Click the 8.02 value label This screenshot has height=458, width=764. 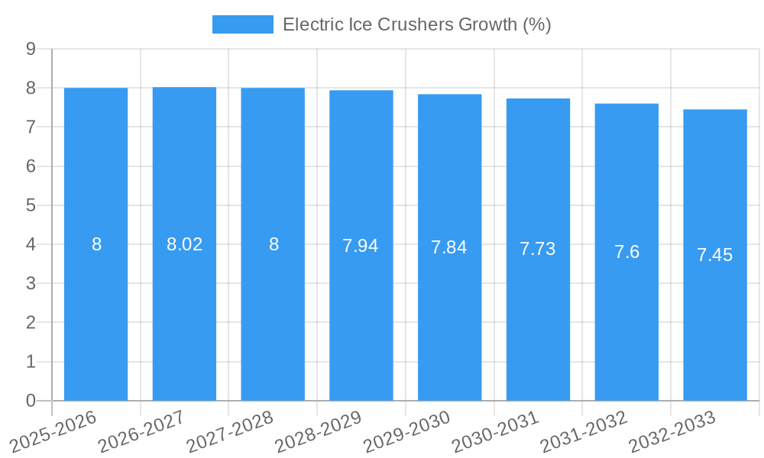click(x=184, y=244)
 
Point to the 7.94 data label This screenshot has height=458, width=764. click(x=361, y=246)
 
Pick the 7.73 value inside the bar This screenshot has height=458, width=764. click(x=538, y=249)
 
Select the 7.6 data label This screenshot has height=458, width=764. click(x=626, y=252)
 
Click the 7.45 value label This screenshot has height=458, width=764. click(x=714, y=255)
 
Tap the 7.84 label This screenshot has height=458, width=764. click(x=449, y=247)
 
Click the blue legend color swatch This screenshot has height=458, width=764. click(x=242, y=24)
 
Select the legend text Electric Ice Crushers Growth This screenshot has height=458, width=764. click(x=416, y=24)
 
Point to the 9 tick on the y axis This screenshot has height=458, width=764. click(x=31, y=49)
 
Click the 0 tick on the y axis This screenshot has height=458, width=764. click(x=31, y=401)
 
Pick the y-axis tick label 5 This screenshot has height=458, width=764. click(x=31, y=205)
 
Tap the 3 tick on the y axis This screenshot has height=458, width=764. click(x=31, y=283)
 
